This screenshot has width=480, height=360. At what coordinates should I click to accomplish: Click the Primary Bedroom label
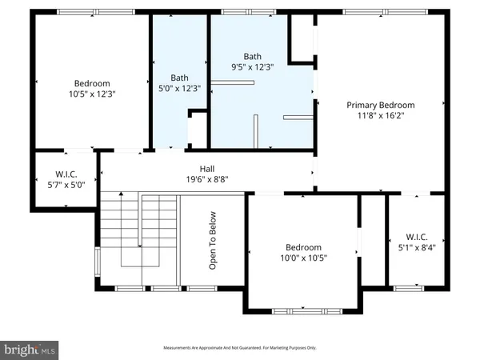(380, 105)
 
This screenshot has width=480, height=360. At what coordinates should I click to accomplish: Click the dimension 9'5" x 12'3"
(252, 68)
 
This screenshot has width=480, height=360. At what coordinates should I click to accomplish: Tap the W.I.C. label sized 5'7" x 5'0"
(65, 174)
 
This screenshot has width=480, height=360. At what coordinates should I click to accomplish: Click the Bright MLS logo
(30, 349)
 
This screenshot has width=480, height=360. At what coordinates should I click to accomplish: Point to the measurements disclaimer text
(240, 348)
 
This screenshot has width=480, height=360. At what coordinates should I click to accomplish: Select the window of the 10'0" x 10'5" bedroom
(301, 310)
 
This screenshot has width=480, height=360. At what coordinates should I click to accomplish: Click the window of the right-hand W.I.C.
(408, 286)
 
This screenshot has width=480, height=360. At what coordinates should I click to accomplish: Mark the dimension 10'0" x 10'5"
(303, 258)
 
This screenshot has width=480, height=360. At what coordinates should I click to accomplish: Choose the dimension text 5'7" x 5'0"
(65, 185)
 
